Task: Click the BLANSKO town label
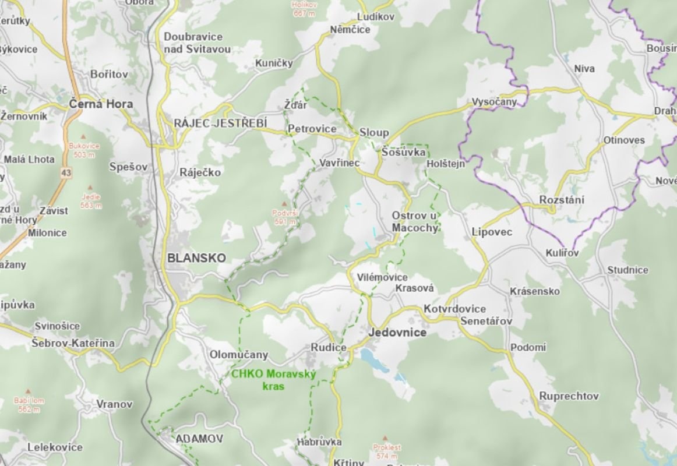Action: [x=196, y=258]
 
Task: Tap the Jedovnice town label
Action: [x=397, y=333]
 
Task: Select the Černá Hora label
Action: [x=100, y=104]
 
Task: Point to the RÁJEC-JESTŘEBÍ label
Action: [x=220, y=123]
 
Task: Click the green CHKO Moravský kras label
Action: [x=273, y=380]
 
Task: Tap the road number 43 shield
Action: [x=66, y=173]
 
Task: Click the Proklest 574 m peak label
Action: [x=387, y=451]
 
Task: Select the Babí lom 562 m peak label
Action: [x=28, y=405]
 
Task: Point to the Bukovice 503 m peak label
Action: [x=84, y=150]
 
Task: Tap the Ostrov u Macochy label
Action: [x=414, y=221]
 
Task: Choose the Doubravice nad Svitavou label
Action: [x=197, y=43]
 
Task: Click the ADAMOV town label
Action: [x=191, y=438]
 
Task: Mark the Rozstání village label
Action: [x=562, y=200]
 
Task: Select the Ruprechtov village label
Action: [x=569, y=396]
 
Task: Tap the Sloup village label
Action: [x=374, y=133]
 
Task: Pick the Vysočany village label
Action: [x=494, y=102]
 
